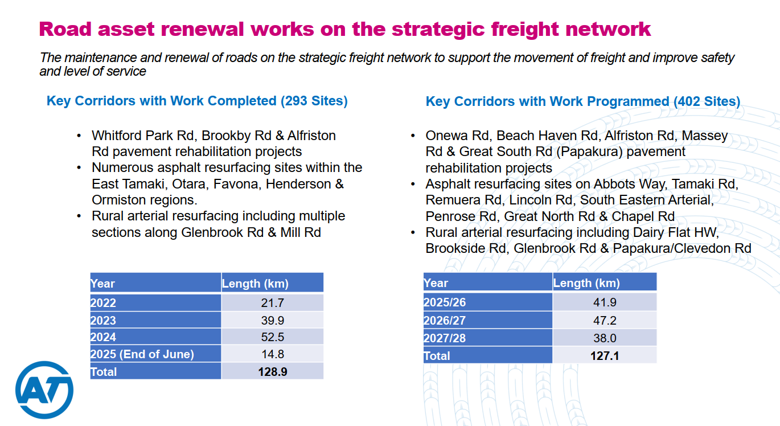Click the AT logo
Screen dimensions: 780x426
pos(44,390)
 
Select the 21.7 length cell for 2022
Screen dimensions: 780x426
pos(272,303)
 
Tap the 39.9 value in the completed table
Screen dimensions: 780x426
pos(272,321)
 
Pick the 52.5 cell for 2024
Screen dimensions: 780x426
pos(272,337)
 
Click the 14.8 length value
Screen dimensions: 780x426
pos(272,354)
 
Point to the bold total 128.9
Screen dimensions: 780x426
pos(272,372)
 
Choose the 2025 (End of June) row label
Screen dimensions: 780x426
pos(142,354)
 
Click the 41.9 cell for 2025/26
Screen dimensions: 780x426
pos(605,302)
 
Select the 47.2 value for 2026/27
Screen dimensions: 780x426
pos(605,321)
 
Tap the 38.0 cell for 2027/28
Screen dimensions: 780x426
pos(605,338)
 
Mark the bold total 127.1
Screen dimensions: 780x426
pos(605,356)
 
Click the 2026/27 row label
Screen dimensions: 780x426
pos(445,321)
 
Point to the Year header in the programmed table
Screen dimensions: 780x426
pos(436,283)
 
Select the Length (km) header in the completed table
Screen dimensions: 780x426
pos(255,284)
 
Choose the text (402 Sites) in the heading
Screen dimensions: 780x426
pos(707,101)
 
